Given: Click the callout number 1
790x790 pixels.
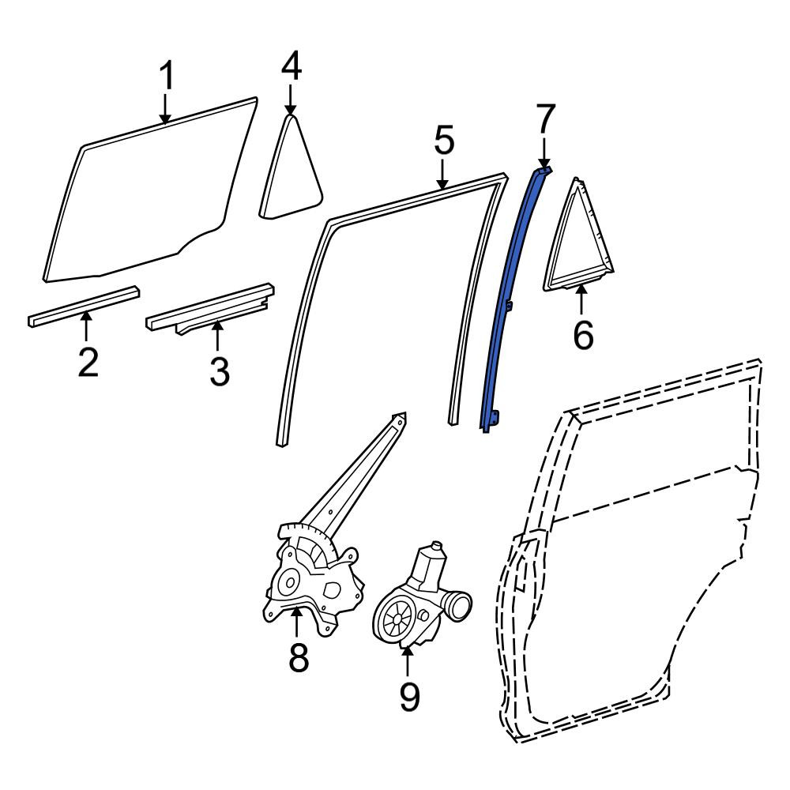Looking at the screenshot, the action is (x=166, y=76).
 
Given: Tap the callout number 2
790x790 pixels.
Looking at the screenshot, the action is (x=88, y=361).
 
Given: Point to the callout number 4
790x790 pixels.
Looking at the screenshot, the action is (x=292, y=67).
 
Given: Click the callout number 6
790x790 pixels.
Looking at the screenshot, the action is (x=583, y=335).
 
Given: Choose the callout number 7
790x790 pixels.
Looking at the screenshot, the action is (x=546, y=118).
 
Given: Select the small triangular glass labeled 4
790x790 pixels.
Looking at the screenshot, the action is (x=290, y=169).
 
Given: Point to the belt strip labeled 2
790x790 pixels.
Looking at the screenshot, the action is (x=84, y=307).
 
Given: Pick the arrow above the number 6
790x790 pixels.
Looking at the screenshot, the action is (x=581, y=299).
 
